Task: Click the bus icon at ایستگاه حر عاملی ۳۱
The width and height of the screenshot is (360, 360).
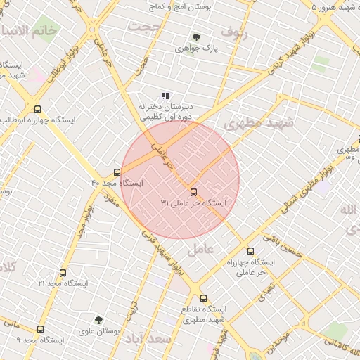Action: click(193, 191)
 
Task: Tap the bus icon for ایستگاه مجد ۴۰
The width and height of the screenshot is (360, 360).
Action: click(117, 172)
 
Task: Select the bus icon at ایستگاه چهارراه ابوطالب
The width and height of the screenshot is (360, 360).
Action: click(37, 109)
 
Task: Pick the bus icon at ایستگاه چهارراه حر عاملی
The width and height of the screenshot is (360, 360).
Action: click(250, 251)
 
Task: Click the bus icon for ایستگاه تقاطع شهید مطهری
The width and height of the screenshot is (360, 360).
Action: click(204, 298)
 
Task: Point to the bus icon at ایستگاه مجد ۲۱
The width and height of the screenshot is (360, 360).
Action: click(63, 273)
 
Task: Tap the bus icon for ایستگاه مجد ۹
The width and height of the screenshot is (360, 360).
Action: click(40, 329)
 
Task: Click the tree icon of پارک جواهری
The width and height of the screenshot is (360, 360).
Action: click(196, 38)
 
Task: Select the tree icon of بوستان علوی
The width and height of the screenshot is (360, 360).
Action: click(98, 320)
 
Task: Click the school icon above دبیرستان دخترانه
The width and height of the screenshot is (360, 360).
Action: click(165, 96)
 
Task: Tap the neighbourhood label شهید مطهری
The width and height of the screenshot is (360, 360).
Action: click(257, 123)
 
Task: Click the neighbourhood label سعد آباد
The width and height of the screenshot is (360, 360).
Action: click(148, 340)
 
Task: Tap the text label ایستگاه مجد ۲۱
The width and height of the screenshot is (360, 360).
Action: click(60, 283)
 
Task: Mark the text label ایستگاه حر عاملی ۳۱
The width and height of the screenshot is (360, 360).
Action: click(193, 202)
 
